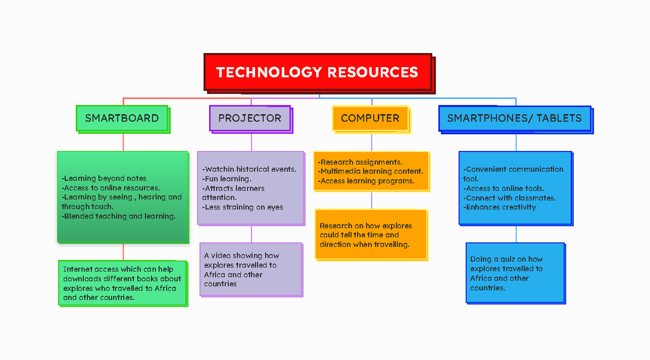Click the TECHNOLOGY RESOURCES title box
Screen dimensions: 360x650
pos(317,72)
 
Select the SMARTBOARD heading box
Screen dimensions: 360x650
pos(122,118)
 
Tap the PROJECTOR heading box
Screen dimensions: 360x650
pos(250,118)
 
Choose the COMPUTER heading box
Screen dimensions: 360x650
pos(370,118)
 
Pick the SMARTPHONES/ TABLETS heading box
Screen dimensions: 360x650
pos(514,118)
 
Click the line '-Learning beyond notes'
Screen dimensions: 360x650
pos(104,178)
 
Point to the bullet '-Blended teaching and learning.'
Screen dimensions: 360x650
pos(119,216)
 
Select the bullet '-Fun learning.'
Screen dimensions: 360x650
pos(227,179)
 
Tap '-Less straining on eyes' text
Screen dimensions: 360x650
pos(243,207)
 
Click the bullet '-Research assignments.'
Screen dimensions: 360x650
pos(360,162)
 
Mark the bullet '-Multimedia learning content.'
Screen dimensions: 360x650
pos(370,172)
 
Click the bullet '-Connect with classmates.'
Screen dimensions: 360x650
pos(509,198)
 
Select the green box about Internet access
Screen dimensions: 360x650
pos(122,283)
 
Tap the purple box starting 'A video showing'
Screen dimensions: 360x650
pos(250,269)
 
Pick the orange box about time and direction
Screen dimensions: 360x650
pos(371,234)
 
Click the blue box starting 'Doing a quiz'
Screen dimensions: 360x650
pos(515,273)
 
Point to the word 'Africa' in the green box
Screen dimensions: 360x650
pos(166,288)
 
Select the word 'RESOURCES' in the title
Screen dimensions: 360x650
pos(373,72)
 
